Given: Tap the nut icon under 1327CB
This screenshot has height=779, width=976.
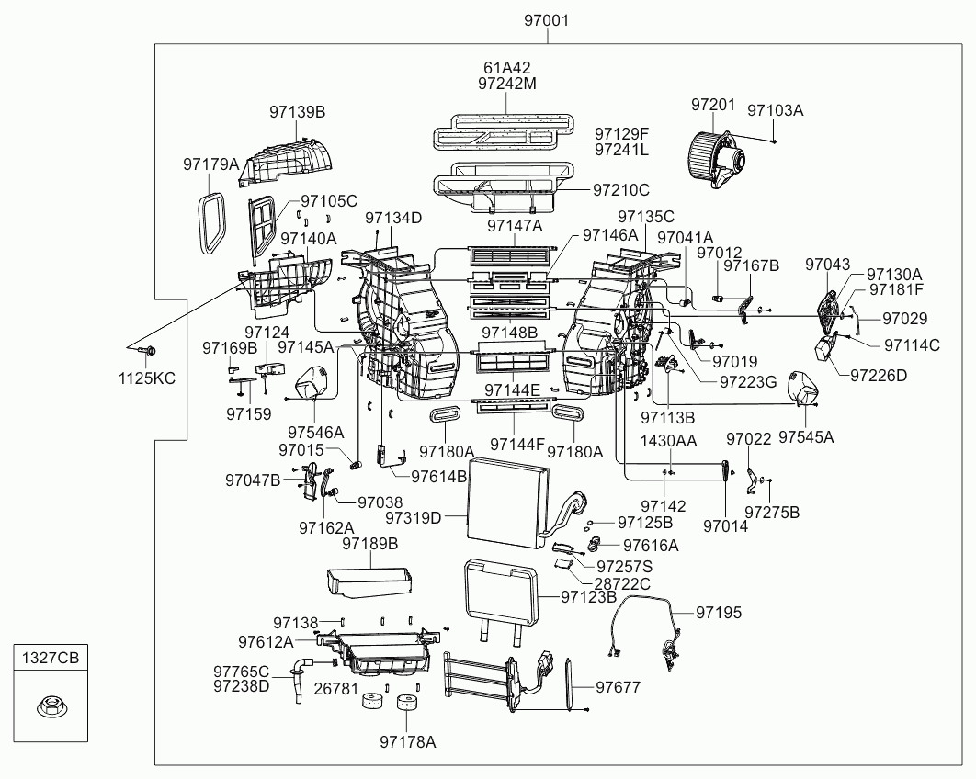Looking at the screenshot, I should [x=51, y=707].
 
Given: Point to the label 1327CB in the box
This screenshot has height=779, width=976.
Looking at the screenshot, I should [x=51, y=657].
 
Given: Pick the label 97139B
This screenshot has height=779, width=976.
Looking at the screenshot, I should [x=298, y=112].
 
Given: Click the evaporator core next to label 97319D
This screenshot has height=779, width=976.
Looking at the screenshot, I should [x=507, y=504].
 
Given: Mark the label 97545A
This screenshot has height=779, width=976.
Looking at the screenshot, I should [x=806, y=437].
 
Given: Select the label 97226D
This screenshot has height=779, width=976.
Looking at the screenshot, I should [x=879, y=375].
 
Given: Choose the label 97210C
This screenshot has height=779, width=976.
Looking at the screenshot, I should [x=621, y=190].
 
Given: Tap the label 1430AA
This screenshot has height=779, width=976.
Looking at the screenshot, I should [x=669, y=441].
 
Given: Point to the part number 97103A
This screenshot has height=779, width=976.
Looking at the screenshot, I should [x=775, y=110].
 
